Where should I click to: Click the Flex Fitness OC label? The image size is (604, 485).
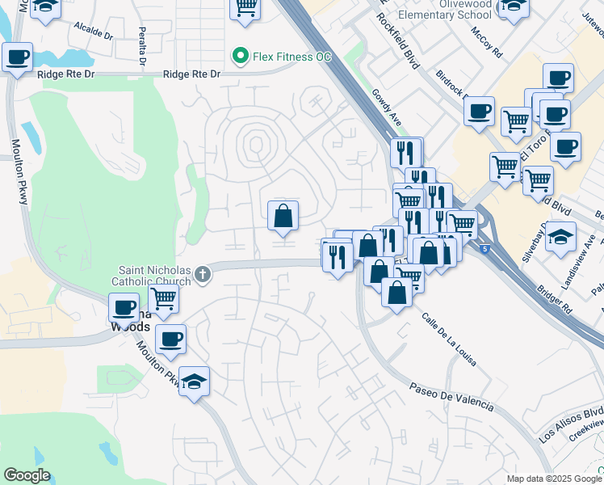pos(292,57)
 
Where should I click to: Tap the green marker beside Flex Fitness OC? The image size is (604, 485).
pos(239,57)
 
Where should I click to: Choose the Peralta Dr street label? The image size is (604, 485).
pos(142,48)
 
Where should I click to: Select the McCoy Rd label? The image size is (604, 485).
pos(487,41)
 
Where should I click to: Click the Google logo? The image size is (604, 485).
pos(27,475)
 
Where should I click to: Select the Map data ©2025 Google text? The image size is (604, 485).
pos(554,479)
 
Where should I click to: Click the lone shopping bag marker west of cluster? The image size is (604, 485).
pos(283,215)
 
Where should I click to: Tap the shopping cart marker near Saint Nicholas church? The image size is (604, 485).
pos(164,298)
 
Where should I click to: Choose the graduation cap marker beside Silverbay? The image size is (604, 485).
pos(560,237)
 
